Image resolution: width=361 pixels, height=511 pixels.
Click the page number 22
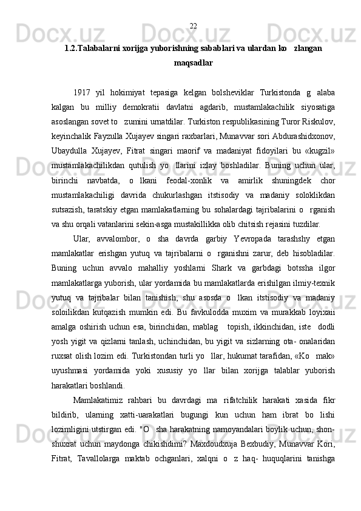193,25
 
